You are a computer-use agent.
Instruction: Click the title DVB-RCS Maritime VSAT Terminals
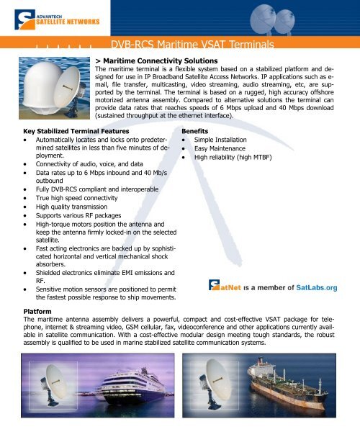tap(194, 47)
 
